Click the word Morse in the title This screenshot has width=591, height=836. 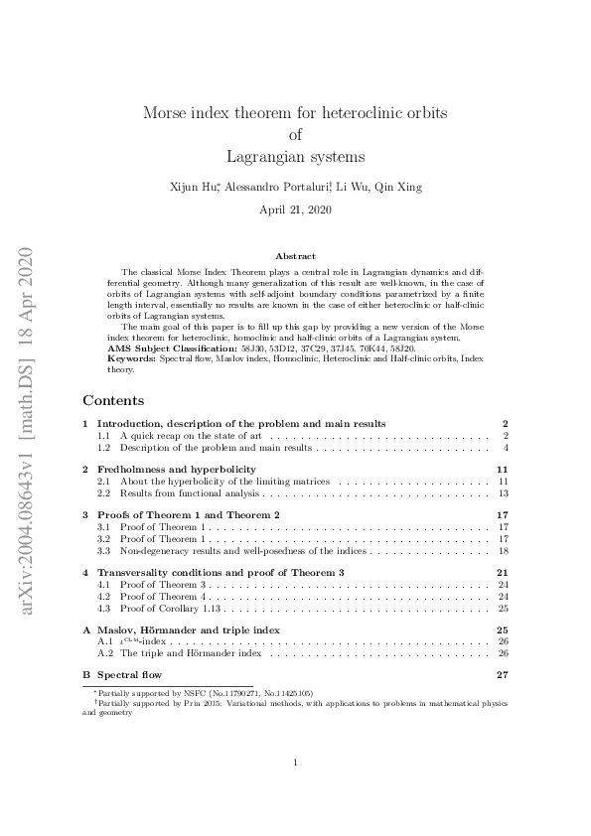point(165,113)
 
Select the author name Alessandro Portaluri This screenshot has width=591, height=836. point(283,187)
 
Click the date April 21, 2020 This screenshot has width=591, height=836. point(295,210)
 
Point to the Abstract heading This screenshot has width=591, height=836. point(295,256)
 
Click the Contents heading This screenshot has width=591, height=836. point(113,400)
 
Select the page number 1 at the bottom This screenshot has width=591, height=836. point(296,763)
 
